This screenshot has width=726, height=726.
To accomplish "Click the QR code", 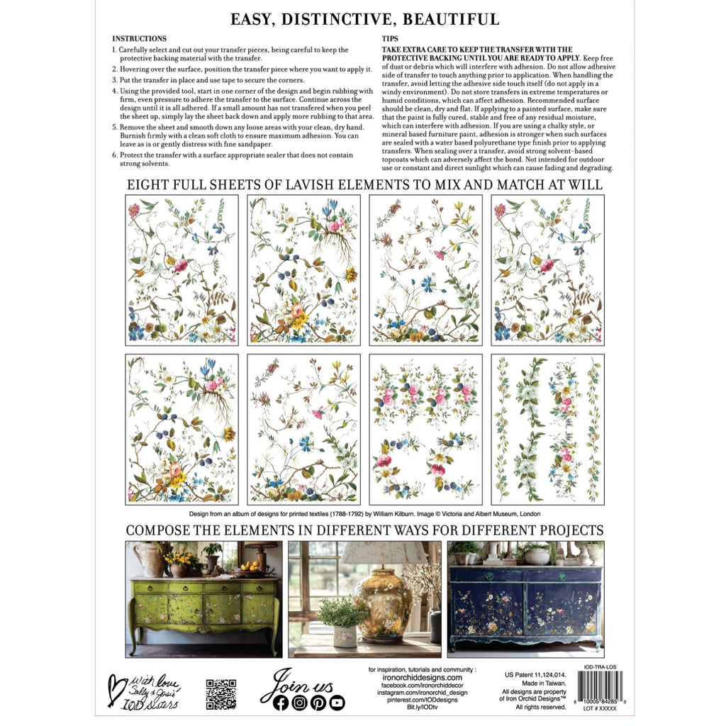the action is coord(220,693).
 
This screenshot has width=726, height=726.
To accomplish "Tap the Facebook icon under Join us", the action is coord(281,703).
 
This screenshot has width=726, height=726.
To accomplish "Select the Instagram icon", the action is coord(299,703).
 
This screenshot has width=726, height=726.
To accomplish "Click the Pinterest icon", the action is coord(318,703).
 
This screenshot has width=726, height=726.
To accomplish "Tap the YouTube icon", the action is coord(337,703).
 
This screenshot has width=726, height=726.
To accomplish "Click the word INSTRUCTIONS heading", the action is coord(140,38).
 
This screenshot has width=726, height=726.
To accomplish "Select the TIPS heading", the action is coord(390,38).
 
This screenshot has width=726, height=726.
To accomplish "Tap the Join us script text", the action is coord(291,683).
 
